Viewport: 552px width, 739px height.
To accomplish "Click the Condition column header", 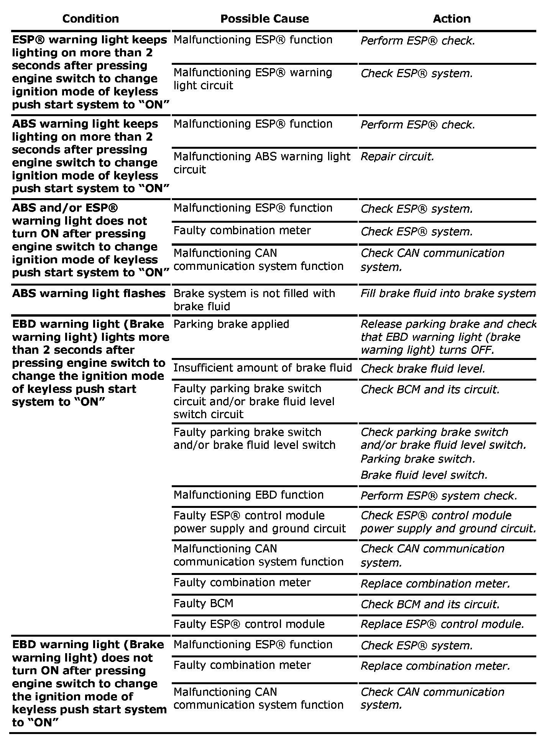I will coord(90,19).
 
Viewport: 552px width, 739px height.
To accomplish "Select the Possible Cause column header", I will coord(264,19).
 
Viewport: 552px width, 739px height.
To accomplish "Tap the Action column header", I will coord(452,19).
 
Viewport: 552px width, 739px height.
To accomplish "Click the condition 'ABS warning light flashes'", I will coord(89,294).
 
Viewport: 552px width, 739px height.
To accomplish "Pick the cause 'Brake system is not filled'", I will coord(254,300).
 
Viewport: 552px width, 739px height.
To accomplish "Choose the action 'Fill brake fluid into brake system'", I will coord(448,294).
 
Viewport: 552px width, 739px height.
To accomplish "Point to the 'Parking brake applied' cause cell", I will coord(231,324).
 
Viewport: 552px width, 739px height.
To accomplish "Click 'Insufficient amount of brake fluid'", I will coord(263,368).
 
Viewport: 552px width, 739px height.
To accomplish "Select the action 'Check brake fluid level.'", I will coord(423,369).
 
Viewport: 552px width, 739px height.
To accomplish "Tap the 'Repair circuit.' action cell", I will coord(397,157).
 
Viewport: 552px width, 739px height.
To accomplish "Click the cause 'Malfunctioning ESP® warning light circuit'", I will coord(253,79).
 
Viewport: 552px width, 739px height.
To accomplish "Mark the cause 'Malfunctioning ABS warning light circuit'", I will coord(262,163).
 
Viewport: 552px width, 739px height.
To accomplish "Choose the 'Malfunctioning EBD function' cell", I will coord(248,495).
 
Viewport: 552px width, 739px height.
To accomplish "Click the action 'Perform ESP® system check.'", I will coord(439,496).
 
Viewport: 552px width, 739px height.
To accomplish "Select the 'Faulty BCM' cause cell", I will coord(203,603).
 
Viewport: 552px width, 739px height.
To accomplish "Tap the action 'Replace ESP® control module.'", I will coord(442,624).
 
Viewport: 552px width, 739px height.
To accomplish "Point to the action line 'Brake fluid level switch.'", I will coord(424,475).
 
